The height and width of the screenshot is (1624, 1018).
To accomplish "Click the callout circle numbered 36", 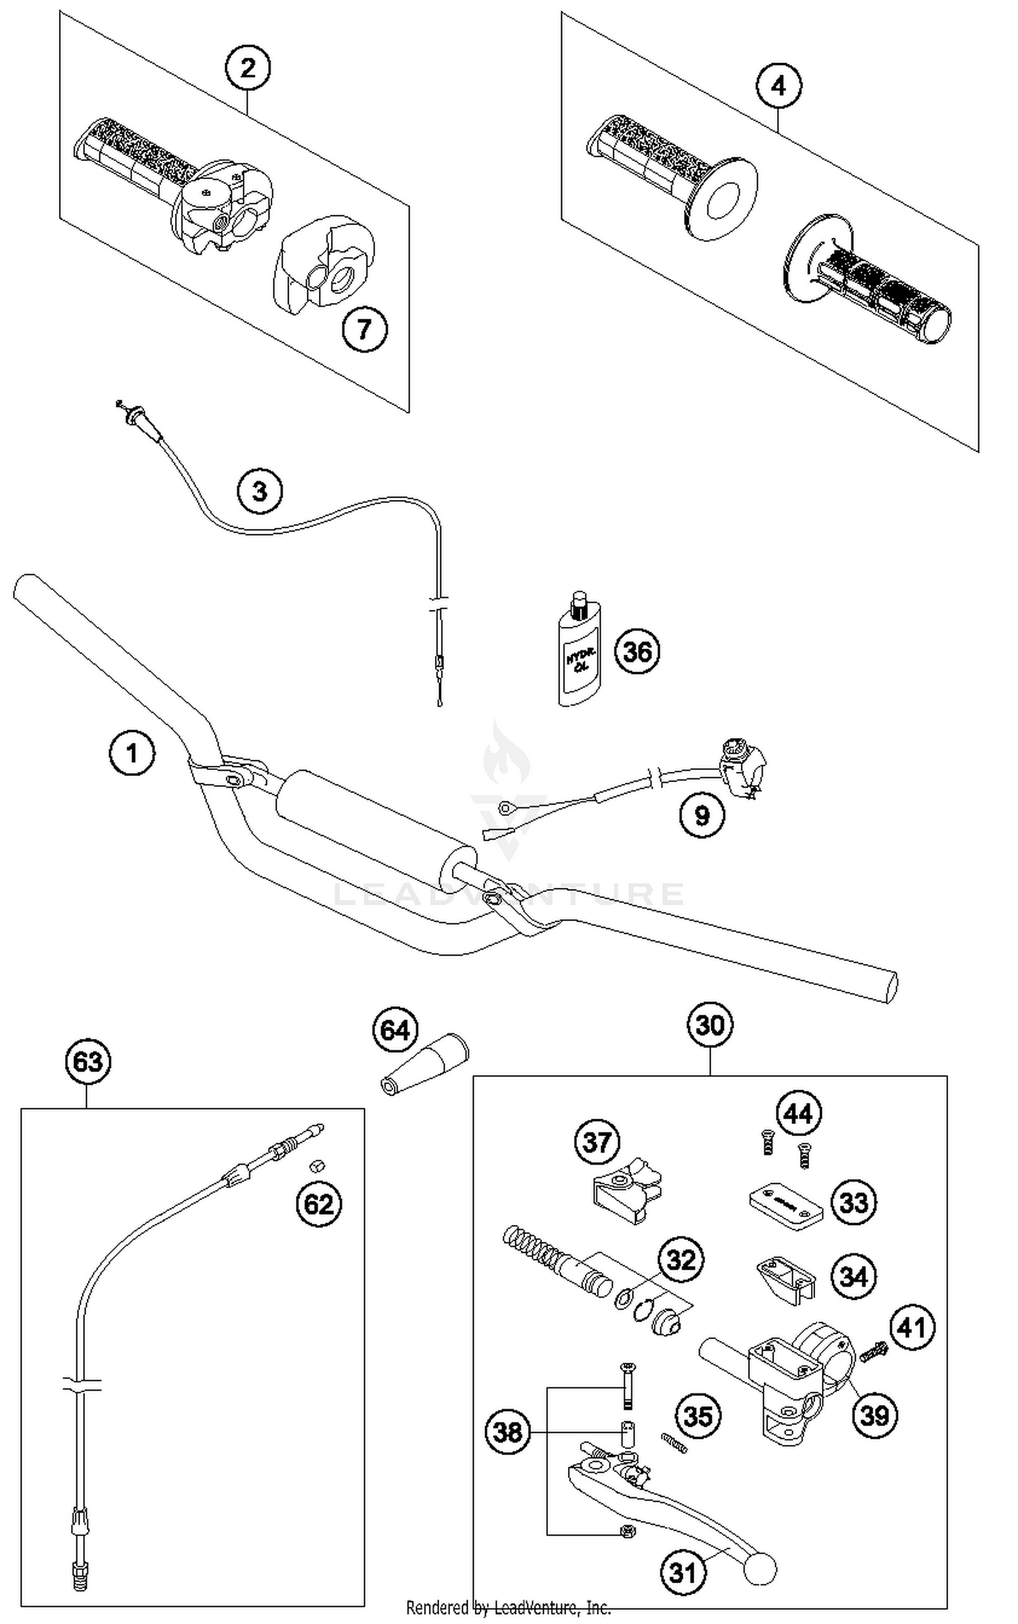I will click(x=637, y=651).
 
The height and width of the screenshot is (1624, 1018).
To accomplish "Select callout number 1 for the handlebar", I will click(x=132, y=752).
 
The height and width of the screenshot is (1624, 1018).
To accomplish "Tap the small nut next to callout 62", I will click(x=316, y=1165).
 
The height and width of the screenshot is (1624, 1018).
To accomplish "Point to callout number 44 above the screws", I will click(x=798, y=1114).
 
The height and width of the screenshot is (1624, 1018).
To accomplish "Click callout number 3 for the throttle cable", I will click(x=260, y=490).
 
